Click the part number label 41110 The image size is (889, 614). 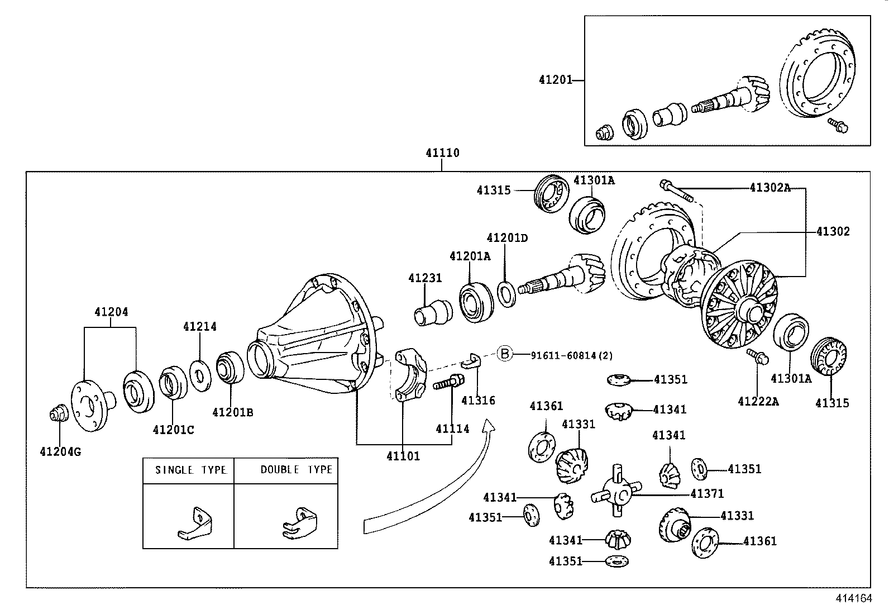[x=442, y=153]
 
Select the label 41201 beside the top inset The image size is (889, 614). [x=555, y=80]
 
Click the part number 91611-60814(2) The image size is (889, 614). [x=564, y=355]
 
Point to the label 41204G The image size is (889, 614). [x=60, y=451]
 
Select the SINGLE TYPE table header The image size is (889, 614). [x=190, y=470]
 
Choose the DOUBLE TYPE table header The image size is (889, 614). [x=296, y=470]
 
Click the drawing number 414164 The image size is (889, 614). [x=853, y=598]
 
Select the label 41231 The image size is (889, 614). [x=424, y=278]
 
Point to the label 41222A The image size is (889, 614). [x=758, y=401]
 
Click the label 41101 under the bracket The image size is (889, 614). [x=403, y=456]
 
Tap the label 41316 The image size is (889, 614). [x=478, y=400]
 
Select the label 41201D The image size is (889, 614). [x=507, y=238]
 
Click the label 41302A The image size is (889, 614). [x=769, y=188]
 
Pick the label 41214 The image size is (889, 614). [x=199, y=326]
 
